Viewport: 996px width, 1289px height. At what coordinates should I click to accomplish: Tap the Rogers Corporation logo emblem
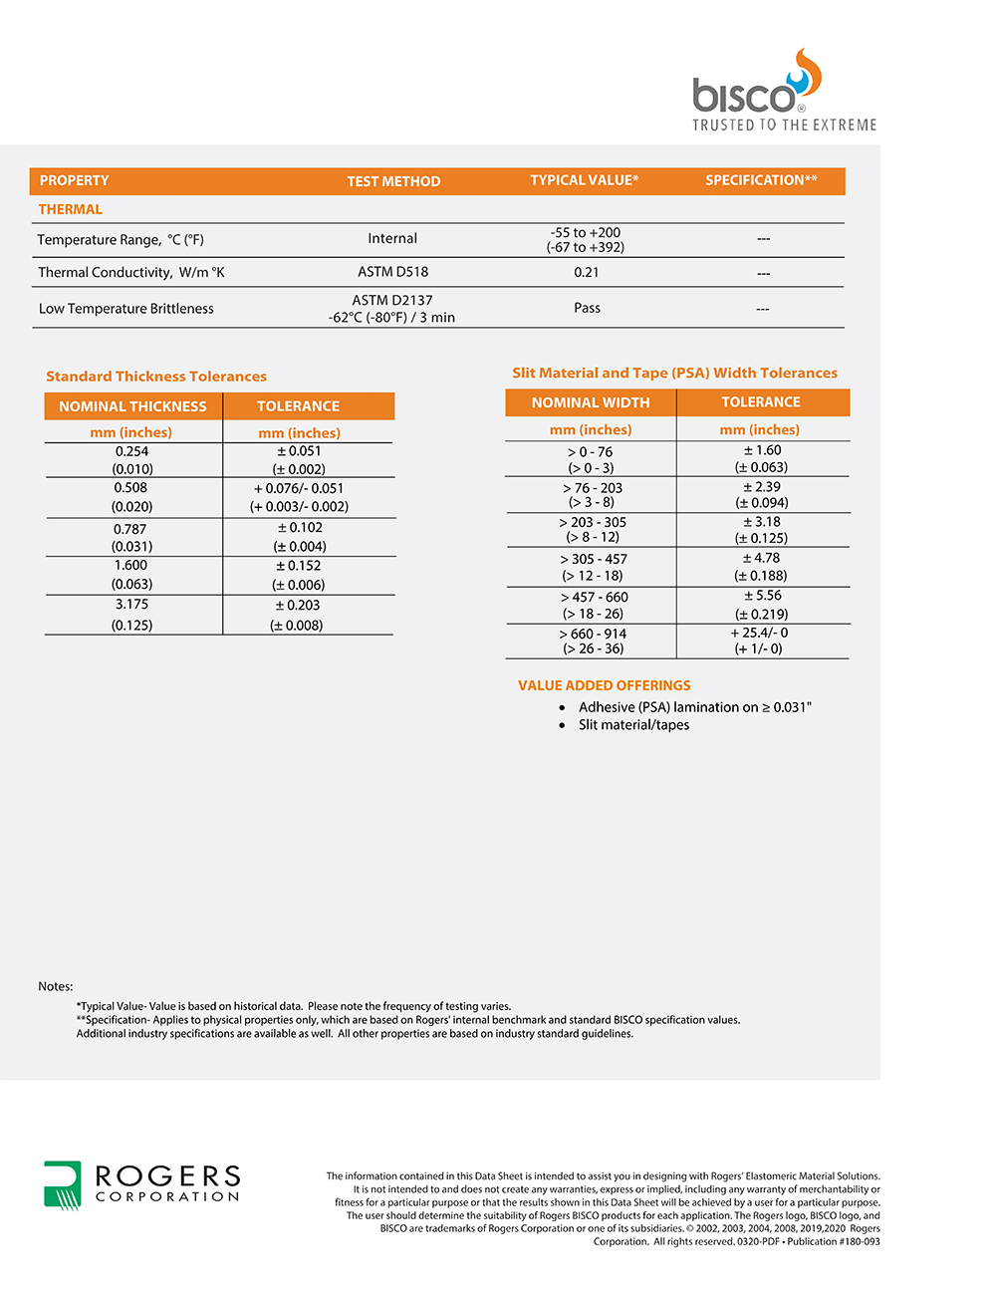pyautogui.click(x=62, y=1184)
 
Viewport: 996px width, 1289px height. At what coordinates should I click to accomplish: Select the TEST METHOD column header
pyautogui.click(x=393, y=181)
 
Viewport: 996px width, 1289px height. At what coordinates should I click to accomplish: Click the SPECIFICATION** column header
pyautogui.click(x=761, y=180)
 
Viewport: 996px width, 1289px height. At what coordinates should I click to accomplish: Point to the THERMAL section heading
pyautogui.click(x=70, y=209)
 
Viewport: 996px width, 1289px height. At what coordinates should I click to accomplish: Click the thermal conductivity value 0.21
pyautogui.click(x=587, y=272)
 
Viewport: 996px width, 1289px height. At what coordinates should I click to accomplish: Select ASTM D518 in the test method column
pyautogui.click(x=392, y=271)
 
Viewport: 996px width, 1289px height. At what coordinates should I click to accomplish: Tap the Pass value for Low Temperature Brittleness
pyautogui.click(x=587, y=308)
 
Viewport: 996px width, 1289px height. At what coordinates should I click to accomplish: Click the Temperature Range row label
pyautogui.click(x=121, y=239)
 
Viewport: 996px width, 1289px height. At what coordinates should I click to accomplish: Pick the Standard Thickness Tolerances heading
pyautogui.click(x=156, y=377)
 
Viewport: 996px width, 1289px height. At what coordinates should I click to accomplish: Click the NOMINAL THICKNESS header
pyautogui.click(x=132, y=406)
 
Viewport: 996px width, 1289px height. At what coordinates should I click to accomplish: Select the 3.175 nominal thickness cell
pyautogui.click(x=131, y=605)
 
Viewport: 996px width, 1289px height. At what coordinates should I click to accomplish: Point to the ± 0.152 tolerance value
pyautogui.click(x=299, y=566)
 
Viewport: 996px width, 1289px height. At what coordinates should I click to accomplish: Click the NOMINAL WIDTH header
pyautogui.click(x=591, y=402)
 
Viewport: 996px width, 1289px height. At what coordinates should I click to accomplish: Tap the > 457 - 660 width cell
pyautogui.click(x=594, y=598)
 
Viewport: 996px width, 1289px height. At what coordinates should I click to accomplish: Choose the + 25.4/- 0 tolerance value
pyautogui.click(x=759, y=633)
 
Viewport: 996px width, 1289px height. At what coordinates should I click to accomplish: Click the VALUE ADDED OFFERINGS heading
pyautogui.click(x=604, y=685)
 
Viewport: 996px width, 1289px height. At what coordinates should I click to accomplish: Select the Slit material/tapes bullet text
pyautogui.click(x=633, y=725)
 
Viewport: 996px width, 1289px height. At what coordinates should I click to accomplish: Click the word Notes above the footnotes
pyautogui.click(x=56, y=986)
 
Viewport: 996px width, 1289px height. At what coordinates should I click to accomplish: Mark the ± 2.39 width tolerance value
pyautogui.click(x=762, y=487)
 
